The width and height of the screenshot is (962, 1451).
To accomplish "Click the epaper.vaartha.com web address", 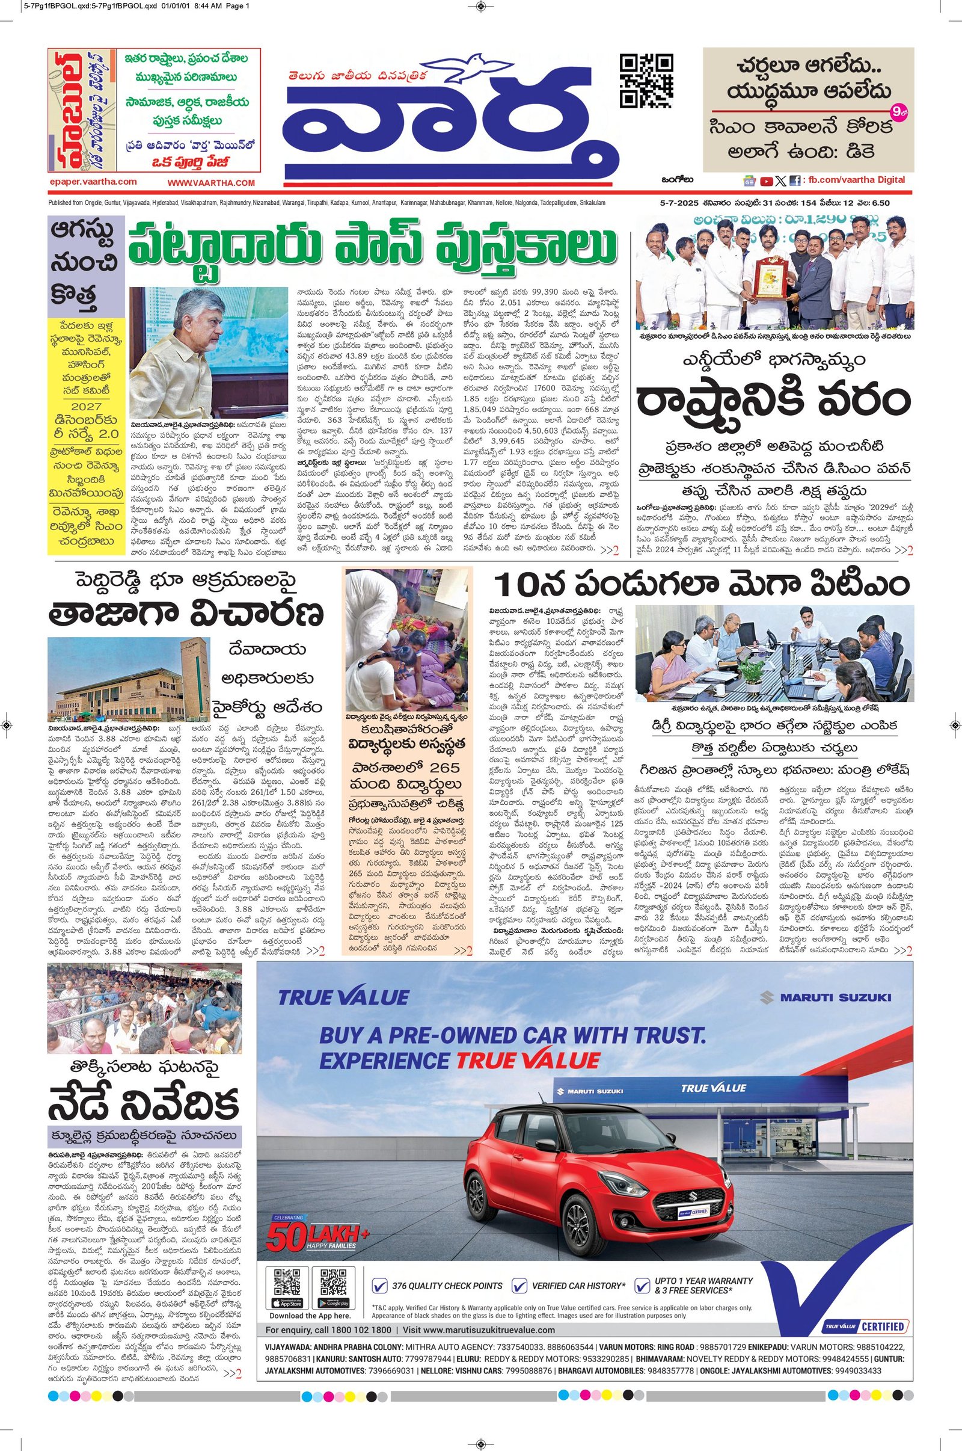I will pyautogui.click(x=93, y=182).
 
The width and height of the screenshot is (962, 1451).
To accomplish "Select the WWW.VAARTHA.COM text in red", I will pyautogui.click(x=210, y=183).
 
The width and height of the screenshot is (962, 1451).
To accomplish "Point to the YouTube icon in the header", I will pyautogui.click(x=766, y=181).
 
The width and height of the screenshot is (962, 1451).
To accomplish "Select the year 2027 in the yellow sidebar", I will pyautogui.click(x=87, y=406).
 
